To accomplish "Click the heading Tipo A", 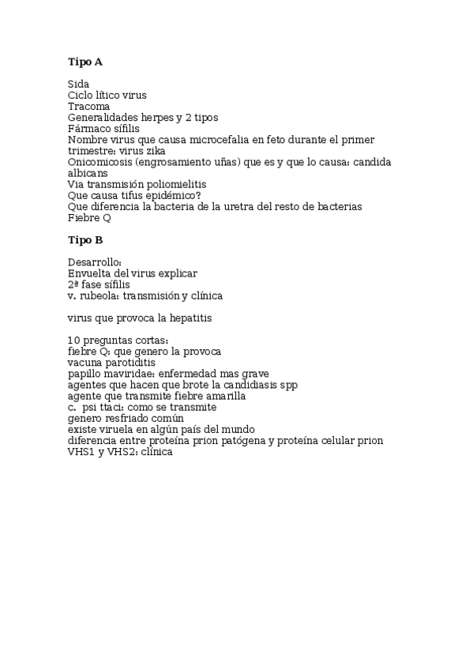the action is point(85,62).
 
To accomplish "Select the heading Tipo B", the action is point(85,239).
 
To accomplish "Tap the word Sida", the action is point(78,84).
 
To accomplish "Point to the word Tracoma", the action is point(88,106).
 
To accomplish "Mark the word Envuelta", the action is point(88,273).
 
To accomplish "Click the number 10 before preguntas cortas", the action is point(74,340).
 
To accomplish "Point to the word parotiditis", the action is point(128,362).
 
